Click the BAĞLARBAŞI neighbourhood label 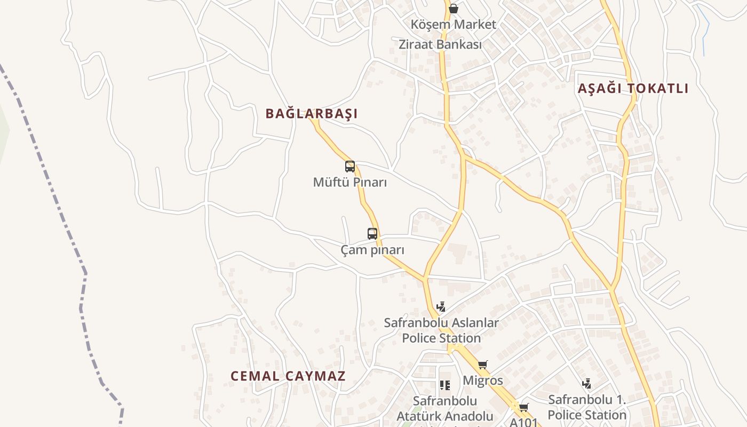pos(312,113)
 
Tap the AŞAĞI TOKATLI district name pos(633,89)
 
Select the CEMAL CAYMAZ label pos(288,376)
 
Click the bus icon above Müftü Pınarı pos(350,166)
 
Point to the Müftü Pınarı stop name pos(350,183)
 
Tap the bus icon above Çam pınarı pos(372,233)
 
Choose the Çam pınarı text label pos(372,250)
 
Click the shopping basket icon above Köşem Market pos(454,9)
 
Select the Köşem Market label pos(454,25)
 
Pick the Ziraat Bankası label pos(440,44)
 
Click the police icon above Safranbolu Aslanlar pos(441,307)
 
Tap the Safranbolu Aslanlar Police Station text pos(441,330)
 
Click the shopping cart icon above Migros pos(483,365)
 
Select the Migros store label pos(483,381)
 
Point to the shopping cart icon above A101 pos(524,407)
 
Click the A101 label pos(524,422)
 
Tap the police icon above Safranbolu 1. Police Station pos(587,383)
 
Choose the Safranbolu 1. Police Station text pos(587,407)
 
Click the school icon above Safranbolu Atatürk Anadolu pos(445,385)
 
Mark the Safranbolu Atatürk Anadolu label pos(445,408)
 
